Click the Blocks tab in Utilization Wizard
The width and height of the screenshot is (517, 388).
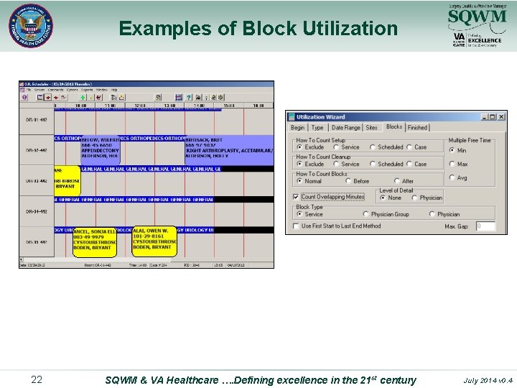[394, 127]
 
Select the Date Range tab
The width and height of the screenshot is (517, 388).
[346, 128]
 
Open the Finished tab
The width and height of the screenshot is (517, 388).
[417, 128]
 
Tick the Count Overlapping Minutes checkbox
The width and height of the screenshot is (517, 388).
[296, 197]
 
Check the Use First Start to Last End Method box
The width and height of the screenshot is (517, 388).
[296, 226]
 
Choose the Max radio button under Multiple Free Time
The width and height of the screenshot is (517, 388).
[452, 164]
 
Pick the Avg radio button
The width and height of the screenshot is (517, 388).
[452, 177]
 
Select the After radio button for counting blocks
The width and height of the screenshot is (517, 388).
[397, 181]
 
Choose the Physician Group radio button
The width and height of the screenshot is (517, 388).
[366, 214]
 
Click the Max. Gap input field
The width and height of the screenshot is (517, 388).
[485, 226]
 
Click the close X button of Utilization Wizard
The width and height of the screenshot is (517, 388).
[503, 116]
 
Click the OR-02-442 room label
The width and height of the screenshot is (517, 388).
[37, 150]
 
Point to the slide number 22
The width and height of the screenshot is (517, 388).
[37, 379]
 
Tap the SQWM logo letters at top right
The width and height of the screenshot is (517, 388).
[472, 17]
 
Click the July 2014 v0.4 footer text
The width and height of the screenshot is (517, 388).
[489, 380]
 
